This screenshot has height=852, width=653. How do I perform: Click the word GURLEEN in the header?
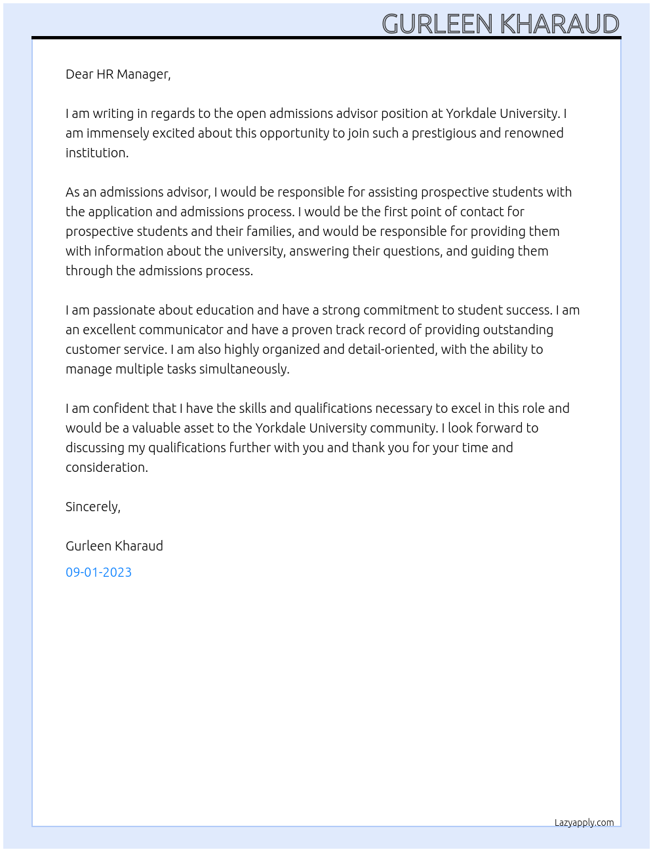[437, 24]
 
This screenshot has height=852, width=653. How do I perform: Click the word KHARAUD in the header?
[559, 24]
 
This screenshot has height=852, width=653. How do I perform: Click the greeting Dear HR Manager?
[118, 74]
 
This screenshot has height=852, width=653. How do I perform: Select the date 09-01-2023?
[98, 572]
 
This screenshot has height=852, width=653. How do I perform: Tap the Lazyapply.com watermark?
[584, 823]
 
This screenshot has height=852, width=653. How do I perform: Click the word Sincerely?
[92, 507]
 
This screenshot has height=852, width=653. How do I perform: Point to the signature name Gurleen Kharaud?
[114, 546]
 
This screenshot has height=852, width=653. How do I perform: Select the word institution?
[96, 153]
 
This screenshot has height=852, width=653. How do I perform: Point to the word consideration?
[106, 467]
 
